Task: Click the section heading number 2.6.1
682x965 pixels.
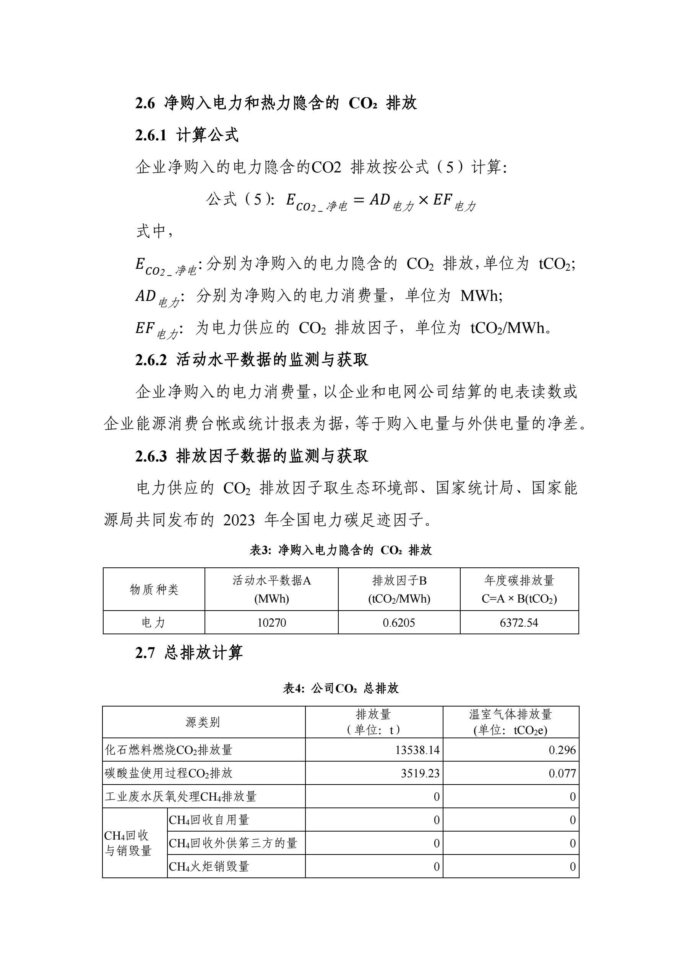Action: (151, 136)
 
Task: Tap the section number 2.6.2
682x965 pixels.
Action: (151, 360)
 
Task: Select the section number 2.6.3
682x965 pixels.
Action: (151, 456)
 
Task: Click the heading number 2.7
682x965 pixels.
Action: (145, 653)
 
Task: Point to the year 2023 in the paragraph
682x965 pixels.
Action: (239, 520)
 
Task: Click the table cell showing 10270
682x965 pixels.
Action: (271, 622)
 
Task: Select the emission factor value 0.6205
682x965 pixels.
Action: (399, 622)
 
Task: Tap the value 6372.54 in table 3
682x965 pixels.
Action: (519, 622)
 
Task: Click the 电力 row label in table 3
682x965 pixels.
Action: (154, 622)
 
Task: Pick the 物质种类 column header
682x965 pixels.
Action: (154, 589)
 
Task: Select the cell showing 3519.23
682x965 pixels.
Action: (420, 773)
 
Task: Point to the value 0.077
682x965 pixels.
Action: (562, 773)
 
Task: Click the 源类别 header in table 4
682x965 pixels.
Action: (203, 722)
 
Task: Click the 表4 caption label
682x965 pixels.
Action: (293, 689)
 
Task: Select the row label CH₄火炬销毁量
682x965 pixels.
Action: (209, 867)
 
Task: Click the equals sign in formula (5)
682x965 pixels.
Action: (359, 200)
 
